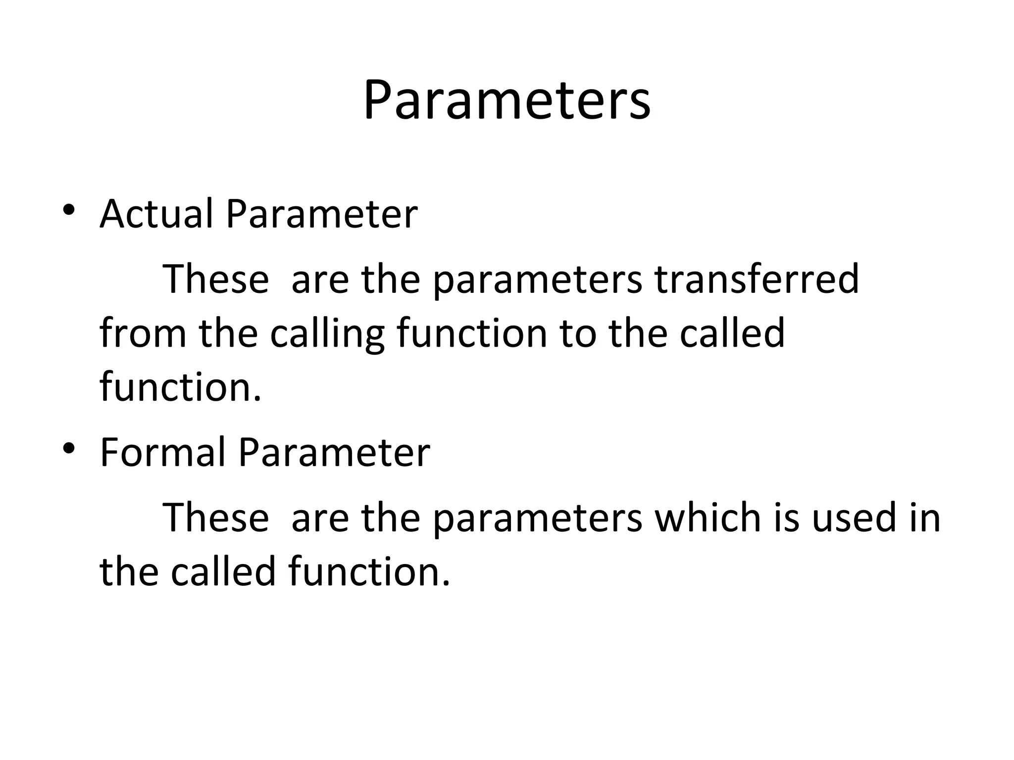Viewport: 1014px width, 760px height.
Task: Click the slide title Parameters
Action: pos(507,101)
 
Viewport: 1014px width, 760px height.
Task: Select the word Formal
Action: pos(163,452)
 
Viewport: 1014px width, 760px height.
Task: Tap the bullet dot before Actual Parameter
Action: pos(69,210)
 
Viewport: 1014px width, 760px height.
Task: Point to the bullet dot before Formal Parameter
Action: pos(69,448)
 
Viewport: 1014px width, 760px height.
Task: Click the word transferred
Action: pos(757,279)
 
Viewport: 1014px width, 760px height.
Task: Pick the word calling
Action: pos(327,334)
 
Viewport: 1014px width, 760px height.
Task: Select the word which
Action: pos(708,517)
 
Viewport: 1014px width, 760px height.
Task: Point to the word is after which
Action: pos(786,517)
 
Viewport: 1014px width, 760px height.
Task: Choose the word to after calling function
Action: pos(578,334)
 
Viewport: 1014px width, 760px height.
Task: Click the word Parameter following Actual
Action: pos(321,214)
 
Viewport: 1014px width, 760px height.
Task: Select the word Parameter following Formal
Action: pos(334,452)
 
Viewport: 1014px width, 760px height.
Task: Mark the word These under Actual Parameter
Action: pos(216,279)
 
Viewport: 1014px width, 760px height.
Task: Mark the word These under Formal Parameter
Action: pos(216,517)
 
